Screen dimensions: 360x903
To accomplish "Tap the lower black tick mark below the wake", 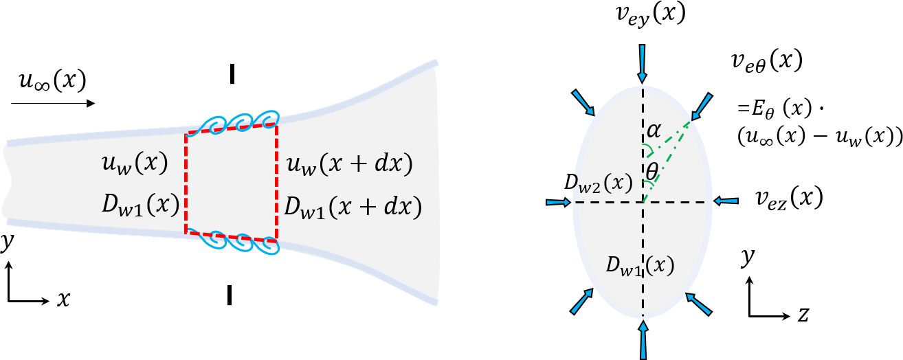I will pyautogui.click(x=229, y=295).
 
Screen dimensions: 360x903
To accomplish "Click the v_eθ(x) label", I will pyautogui.click(x=767, y=61).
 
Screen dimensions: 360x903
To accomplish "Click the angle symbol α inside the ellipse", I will pyautogui.click(x=653, y=129).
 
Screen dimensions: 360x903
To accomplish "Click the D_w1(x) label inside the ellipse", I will pyautogui.click(x=640, y=265).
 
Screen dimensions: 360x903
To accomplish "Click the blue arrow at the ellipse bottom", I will pyautogui.click(x=643, y=341).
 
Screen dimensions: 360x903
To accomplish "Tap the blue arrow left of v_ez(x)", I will pyautogui.click(x=726, y=201).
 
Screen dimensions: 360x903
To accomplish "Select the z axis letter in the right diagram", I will pyautogui.click(x=802, y=315).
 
